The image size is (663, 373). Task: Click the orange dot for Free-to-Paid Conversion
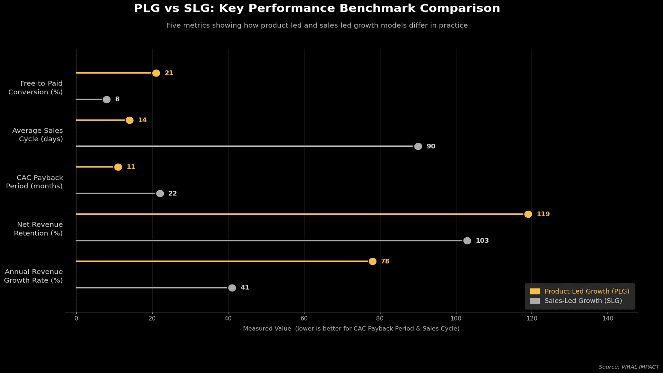(x=156, y=73)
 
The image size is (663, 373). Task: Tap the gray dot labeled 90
(x=418, y=146)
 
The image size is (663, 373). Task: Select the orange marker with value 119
(x=528, y=214)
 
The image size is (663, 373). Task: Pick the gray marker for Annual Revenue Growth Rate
(x=232, y=288)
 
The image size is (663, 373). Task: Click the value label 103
(x=482, y=241)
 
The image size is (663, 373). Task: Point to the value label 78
(x=385, y=261)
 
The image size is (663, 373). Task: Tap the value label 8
(x=117, y=99)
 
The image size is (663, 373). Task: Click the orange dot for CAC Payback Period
(x=118, y=167)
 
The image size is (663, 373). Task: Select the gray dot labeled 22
(x=160, y=193)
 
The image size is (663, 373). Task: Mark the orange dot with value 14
(x=129, y=120)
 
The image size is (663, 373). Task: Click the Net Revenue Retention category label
(x=38, y=229)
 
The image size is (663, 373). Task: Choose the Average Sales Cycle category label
(x=38, y=135)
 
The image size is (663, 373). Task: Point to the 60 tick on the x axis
(x=304, y=318)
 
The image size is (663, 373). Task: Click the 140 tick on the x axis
(x=608, y=318)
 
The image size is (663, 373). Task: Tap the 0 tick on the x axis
(x=76, y=318)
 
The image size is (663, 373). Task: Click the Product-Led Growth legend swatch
(x=535, y=291)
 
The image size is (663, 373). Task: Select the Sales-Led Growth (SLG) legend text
(x=583, y=301)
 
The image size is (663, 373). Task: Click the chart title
(x=317, y=8)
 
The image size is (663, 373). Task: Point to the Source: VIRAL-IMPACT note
(x=628, y=367)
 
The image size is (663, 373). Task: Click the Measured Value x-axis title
(x=351, y=329)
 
